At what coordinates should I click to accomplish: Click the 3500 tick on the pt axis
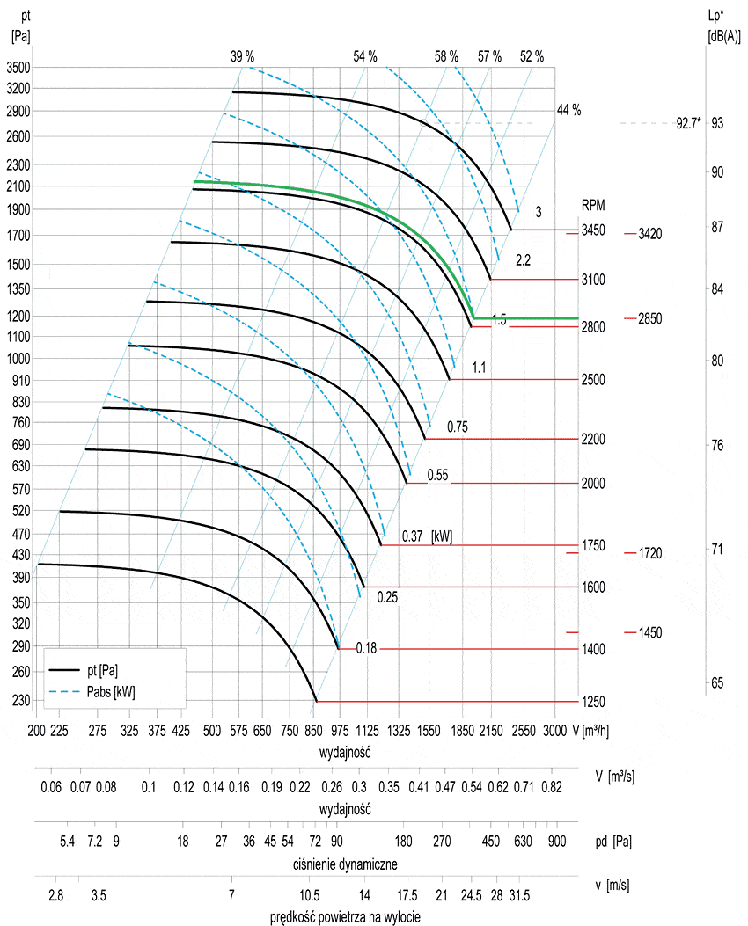tap(18, 67)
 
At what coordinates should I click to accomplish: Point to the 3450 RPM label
tap(592, 230)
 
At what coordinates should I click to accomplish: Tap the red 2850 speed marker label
tap(649, 318)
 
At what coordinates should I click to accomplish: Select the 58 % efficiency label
tap(446, 56)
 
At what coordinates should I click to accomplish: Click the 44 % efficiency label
tap(568, 110)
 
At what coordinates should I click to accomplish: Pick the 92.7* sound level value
tap(688, 124)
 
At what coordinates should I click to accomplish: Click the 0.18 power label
tap(365, 649)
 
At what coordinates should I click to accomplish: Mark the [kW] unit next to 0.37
tap(442, 536)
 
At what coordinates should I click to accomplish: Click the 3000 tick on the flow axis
tap(554, 731)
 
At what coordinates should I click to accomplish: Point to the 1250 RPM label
tap(592, 702)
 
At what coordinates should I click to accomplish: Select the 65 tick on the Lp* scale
tap(717, 682)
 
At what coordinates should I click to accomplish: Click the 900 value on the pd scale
tap(556, 842)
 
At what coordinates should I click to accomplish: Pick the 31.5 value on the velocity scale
tap(520, 896)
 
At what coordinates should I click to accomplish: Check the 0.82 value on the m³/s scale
tap(553, 787)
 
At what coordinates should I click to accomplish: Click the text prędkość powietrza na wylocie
tap(346, 917)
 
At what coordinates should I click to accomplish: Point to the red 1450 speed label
tap(649, 633)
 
